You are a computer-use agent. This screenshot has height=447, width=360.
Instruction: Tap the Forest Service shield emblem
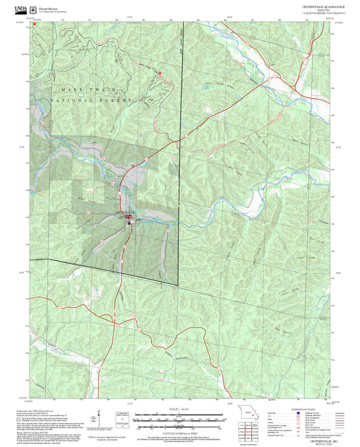click(x=34, y=7)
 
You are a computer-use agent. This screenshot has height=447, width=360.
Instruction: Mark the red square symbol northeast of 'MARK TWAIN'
click(x=160, y=72)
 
